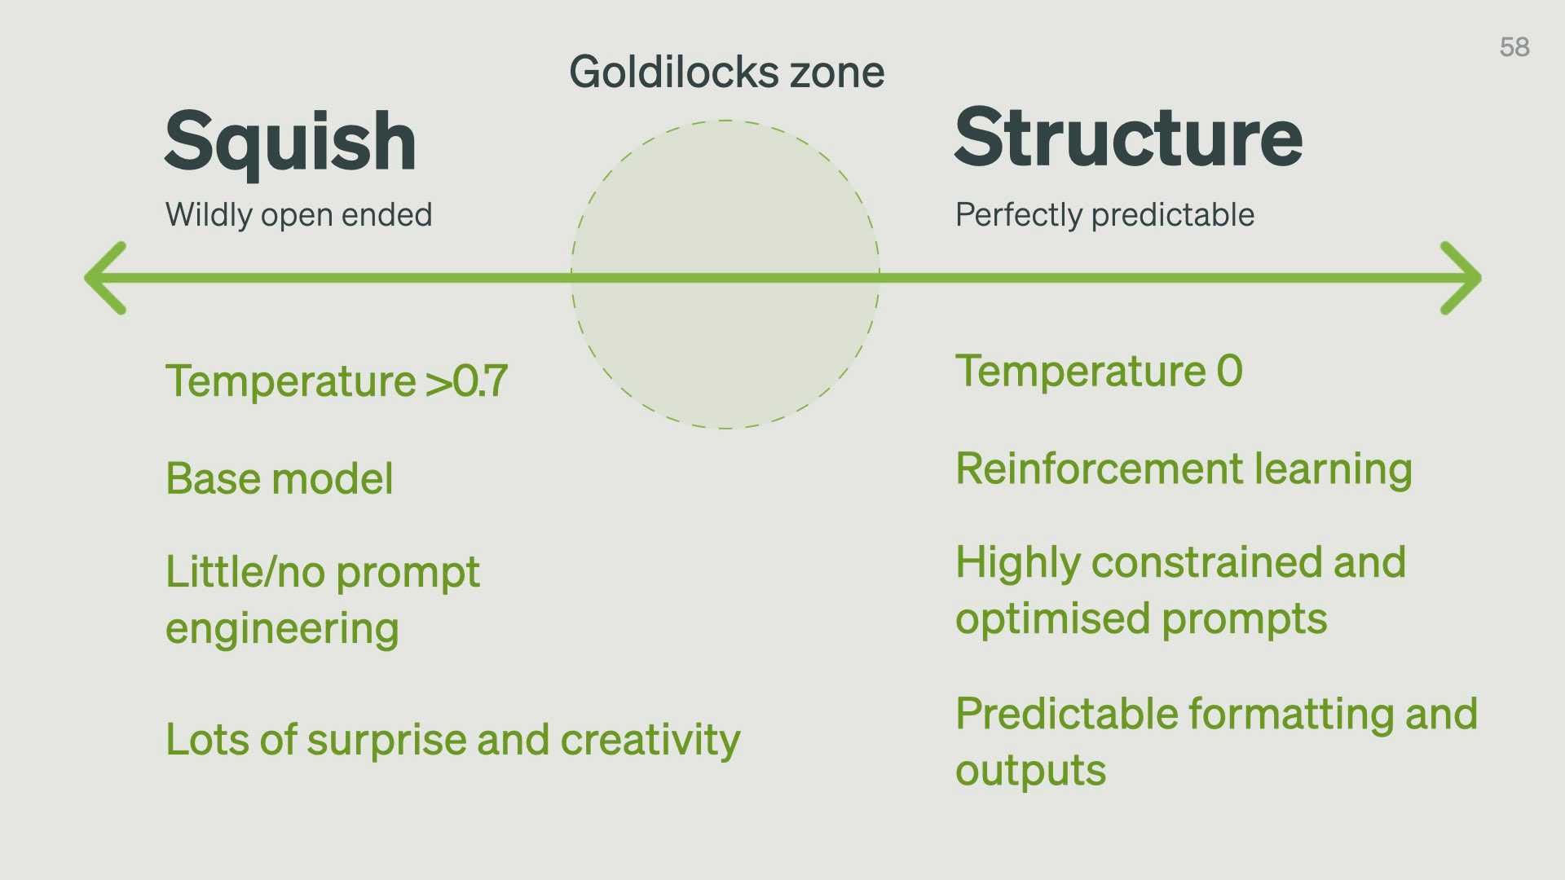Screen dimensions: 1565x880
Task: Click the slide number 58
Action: pos(1514,47)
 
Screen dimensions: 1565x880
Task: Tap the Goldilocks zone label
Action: pos(726,72)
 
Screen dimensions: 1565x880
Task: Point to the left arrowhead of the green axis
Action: pos(106,278)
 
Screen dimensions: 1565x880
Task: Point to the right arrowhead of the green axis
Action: pos(1461,278)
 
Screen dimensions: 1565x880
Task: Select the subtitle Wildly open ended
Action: pos(298,215)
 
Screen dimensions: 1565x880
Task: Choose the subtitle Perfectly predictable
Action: pos(1104,215)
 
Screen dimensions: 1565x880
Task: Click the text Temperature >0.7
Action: pos(337,381)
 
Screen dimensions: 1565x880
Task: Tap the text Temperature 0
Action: pos(1099,371)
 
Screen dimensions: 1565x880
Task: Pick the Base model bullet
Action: pos(280,478)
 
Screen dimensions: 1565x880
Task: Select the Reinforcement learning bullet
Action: pos(1184,469)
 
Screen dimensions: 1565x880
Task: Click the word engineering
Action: pos(282,630)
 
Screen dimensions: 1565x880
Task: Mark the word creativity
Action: pos(650,740)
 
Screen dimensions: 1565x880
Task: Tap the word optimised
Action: pos(1052,619)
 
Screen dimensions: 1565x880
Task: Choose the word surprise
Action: pos(386,741)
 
